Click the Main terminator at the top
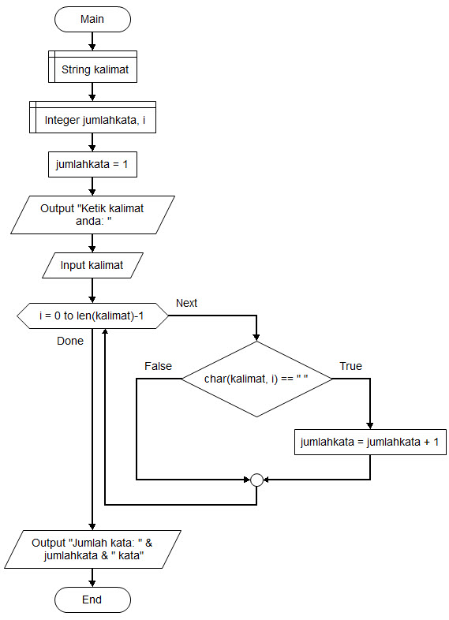92,19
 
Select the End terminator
92,599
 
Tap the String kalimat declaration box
92,66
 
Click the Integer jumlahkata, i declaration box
92,117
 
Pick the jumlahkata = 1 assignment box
92,164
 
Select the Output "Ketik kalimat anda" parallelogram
92,215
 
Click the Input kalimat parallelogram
92,265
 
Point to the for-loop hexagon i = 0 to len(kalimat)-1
92,316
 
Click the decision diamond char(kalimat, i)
256,379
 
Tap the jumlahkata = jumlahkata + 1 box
370,442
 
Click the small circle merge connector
256,480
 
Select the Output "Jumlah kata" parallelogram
92,549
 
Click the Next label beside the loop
186,303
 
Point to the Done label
70,341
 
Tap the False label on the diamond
159,366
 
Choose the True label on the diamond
350,366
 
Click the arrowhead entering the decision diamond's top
256,338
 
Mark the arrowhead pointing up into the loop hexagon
105,332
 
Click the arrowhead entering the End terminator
92,584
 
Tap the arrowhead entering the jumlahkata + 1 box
370,426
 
